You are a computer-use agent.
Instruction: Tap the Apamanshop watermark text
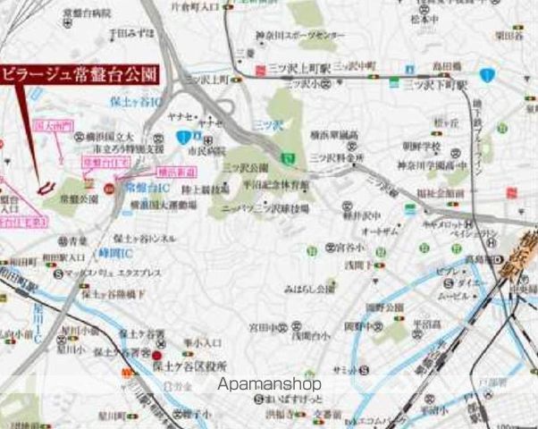[x=269, y=384]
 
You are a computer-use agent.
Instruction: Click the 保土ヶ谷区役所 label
[x=190, y=366]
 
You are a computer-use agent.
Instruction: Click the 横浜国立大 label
[x=97, y=134]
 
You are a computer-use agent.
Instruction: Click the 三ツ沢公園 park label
[x=244, y=167]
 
